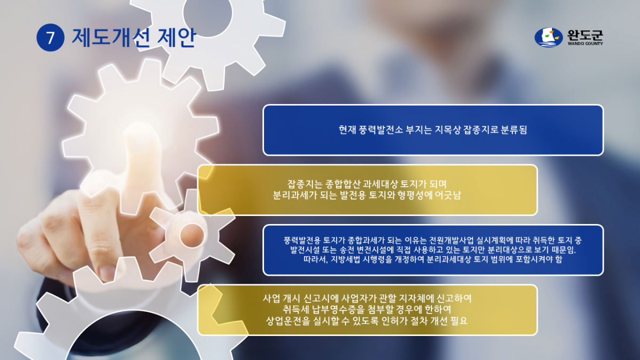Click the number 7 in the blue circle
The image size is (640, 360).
tap(51, 38)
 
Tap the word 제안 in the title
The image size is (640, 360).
tap(177, 38)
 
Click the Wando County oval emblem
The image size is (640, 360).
tap(549, 37)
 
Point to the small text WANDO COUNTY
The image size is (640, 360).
tap(585, 44)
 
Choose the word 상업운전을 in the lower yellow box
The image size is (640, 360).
tap(290, 321)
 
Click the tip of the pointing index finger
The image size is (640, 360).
tap(151, 138)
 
